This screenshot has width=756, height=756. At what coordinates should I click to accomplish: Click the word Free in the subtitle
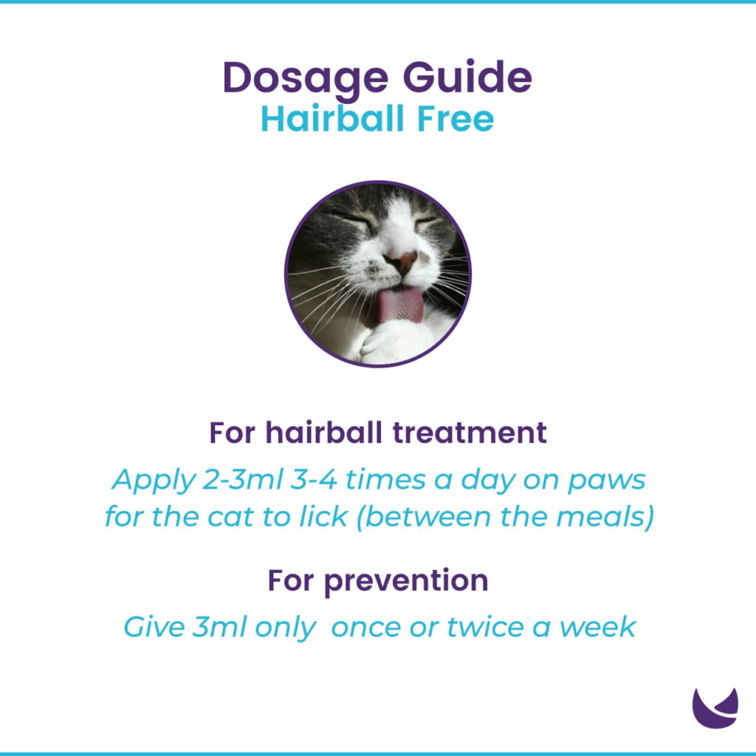pos(458,119)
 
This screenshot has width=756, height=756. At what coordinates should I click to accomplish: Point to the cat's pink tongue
pos(399,307)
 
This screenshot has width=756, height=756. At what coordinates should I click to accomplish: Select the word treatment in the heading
pos(470,433)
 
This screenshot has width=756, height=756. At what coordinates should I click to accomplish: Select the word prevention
pos(406,581)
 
